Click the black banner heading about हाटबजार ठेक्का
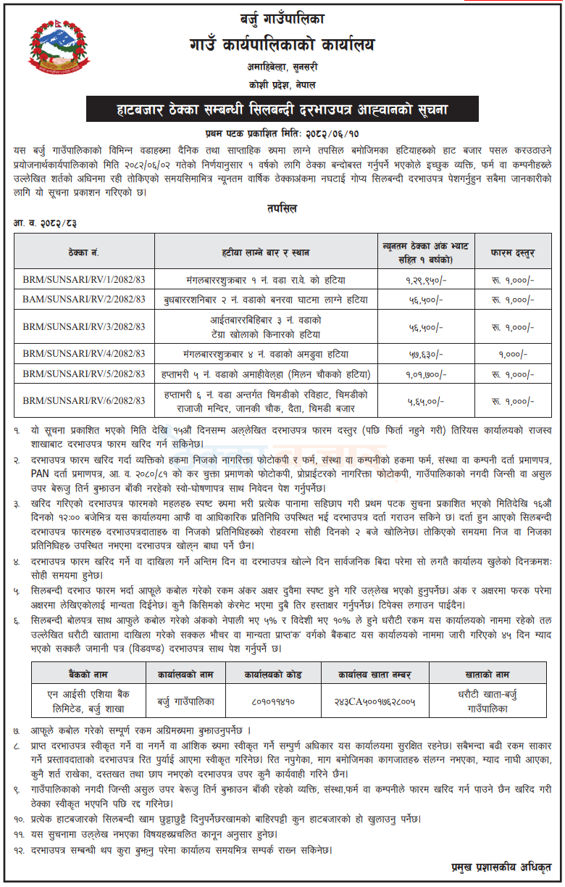click(x=282, y=111)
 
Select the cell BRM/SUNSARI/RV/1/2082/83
click(x=84, y=279)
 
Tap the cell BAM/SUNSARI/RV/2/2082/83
click(x=84, y=300)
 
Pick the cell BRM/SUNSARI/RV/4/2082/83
click(x=84, y=354)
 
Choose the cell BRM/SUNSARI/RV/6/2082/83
click(x=84, y=400)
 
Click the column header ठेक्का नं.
click(x=84, y=253)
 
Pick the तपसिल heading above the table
click(x=282, y=208)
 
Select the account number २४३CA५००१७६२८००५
click(x=374, y=702)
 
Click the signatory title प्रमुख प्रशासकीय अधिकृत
click(x=498, y=867)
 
